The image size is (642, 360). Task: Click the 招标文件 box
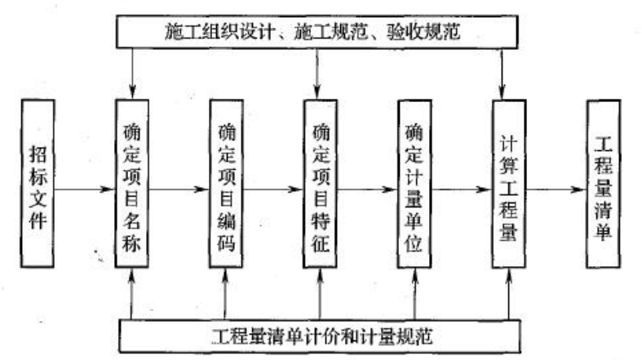click(x=38, y=184)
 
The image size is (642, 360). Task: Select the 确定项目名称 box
click(x=132, y=184)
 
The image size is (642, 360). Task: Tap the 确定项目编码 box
click(x=226, y=184)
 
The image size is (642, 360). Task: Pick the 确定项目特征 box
click(x=320, y=184)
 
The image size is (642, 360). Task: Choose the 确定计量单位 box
click(x=414, y=184)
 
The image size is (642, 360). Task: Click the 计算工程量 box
click(x=509, y=184)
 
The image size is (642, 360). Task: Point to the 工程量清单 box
click(x=604, y=184)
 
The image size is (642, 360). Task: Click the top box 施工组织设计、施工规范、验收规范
click(x=317, y=32)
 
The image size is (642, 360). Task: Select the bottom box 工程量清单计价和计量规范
click(x=320, y=336)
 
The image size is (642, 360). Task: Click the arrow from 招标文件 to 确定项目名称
click(x=85, y=189)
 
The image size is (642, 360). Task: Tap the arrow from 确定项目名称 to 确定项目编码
click(x=179, y=189)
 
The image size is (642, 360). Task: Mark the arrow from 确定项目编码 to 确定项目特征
click(x=273, y=189)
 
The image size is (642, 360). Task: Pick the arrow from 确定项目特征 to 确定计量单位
click(x=367, y=189)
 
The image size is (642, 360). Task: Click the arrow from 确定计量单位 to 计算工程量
click(x=462, y=189)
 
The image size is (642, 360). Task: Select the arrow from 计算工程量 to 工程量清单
click(x=556, y=189)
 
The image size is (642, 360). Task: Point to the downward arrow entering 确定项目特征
click(x=317, y=73)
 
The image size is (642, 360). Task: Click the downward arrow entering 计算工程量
click(x=502, y=73)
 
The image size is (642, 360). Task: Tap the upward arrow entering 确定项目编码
click(x=225, y=294)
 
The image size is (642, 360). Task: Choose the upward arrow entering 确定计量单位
click(x=414, y=294)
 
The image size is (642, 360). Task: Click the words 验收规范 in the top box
click(x=423, y=32)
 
